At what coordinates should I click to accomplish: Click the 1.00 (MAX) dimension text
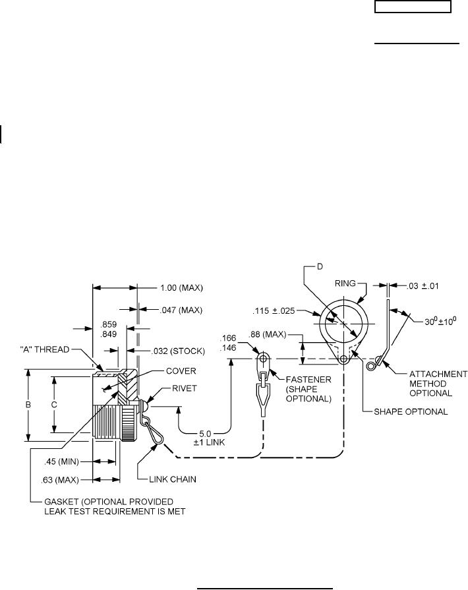[x=182, y=288]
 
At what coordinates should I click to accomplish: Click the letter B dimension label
[x=28, y=405]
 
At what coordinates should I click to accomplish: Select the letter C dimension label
[x=55, y=405]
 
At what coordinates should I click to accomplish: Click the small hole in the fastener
[x=262, y=360]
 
